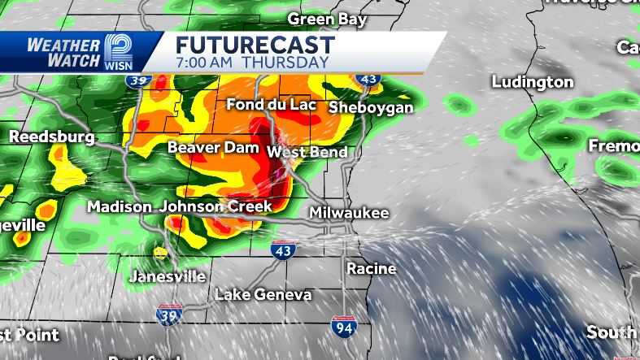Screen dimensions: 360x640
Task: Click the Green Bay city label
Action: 327,19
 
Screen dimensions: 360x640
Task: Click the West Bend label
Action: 307,152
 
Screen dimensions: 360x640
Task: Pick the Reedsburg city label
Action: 52,137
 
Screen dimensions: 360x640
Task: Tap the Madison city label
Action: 120,207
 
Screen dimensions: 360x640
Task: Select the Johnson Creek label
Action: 215,206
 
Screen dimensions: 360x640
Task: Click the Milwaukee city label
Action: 349,213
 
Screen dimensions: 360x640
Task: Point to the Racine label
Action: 371,268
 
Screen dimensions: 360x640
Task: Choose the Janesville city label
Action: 168,276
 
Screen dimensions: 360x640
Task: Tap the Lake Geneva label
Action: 263,294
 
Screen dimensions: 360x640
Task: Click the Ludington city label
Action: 533,82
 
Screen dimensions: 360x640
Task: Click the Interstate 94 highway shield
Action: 343,327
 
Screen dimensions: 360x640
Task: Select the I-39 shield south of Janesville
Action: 168,314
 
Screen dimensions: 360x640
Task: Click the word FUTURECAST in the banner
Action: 255,45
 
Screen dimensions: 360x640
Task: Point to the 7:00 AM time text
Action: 207,62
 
